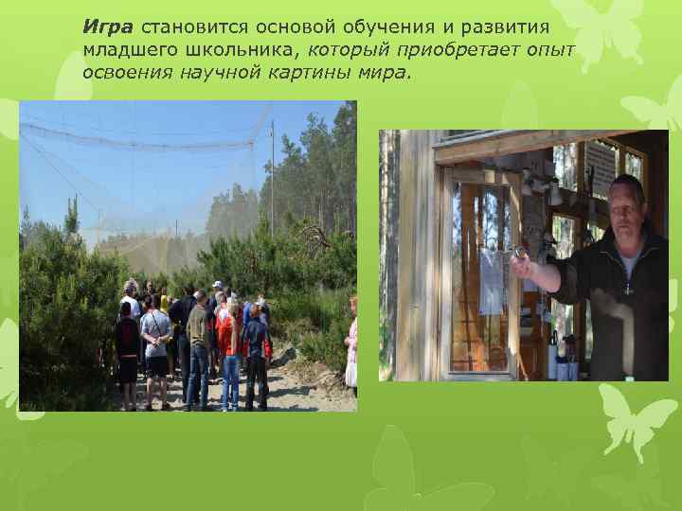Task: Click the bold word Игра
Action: [107, 26]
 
